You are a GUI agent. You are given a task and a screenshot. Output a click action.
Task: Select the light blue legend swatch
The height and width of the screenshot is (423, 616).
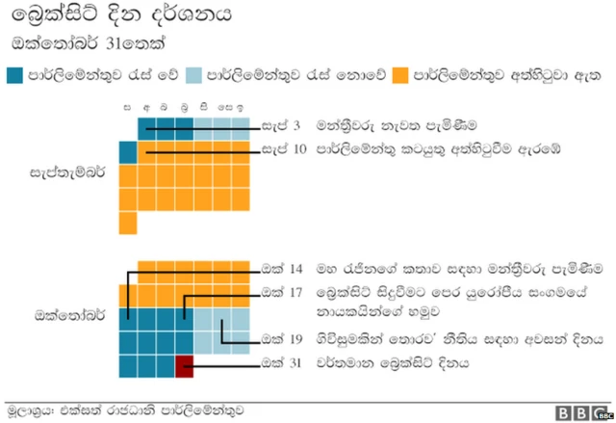pyautogui.click(x=194, y=75)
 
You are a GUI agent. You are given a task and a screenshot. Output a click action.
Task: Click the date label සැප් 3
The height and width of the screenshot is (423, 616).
pyautogui.click(x=281, y=126)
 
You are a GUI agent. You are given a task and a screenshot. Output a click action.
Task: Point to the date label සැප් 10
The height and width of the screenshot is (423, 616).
pyautogui.click(x=284, y=149)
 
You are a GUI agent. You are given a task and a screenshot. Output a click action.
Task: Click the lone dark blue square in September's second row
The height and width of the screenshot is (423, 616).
pyautogui.click(x=127, y=152)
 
